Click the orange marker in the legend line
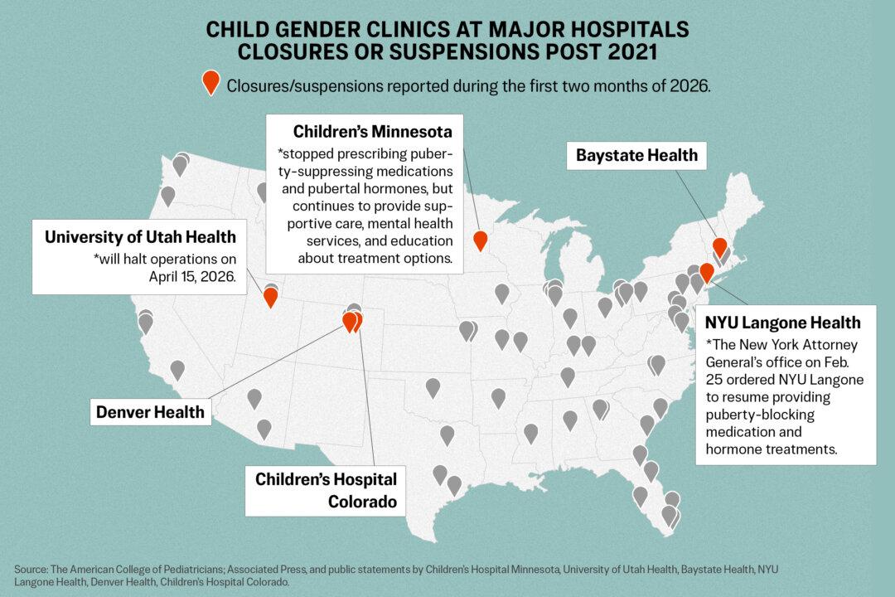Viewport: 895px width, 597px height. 211,82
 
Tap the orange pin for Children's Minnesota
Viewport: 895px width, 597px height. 480,240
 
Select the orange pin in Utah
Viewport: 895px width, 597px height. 270,297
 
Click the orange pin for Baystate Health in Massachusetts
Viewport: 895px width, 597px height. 719,246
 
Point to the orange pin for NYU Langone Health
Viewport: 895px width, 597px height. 706,272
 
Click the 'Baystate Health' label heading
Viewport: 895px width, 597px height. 636,155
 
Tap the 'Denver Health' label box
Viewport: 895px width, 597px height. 150,412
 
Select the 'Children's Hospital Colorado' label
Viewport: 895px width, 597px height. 326,490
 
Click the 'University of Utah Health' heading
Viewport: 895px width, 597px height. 140,237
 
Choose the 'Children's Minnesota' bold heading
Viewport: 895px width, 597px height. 372,132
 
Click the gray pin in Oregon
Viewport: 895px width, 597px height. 167,197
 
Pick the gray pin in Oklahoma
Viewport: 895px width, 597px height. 433,386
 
